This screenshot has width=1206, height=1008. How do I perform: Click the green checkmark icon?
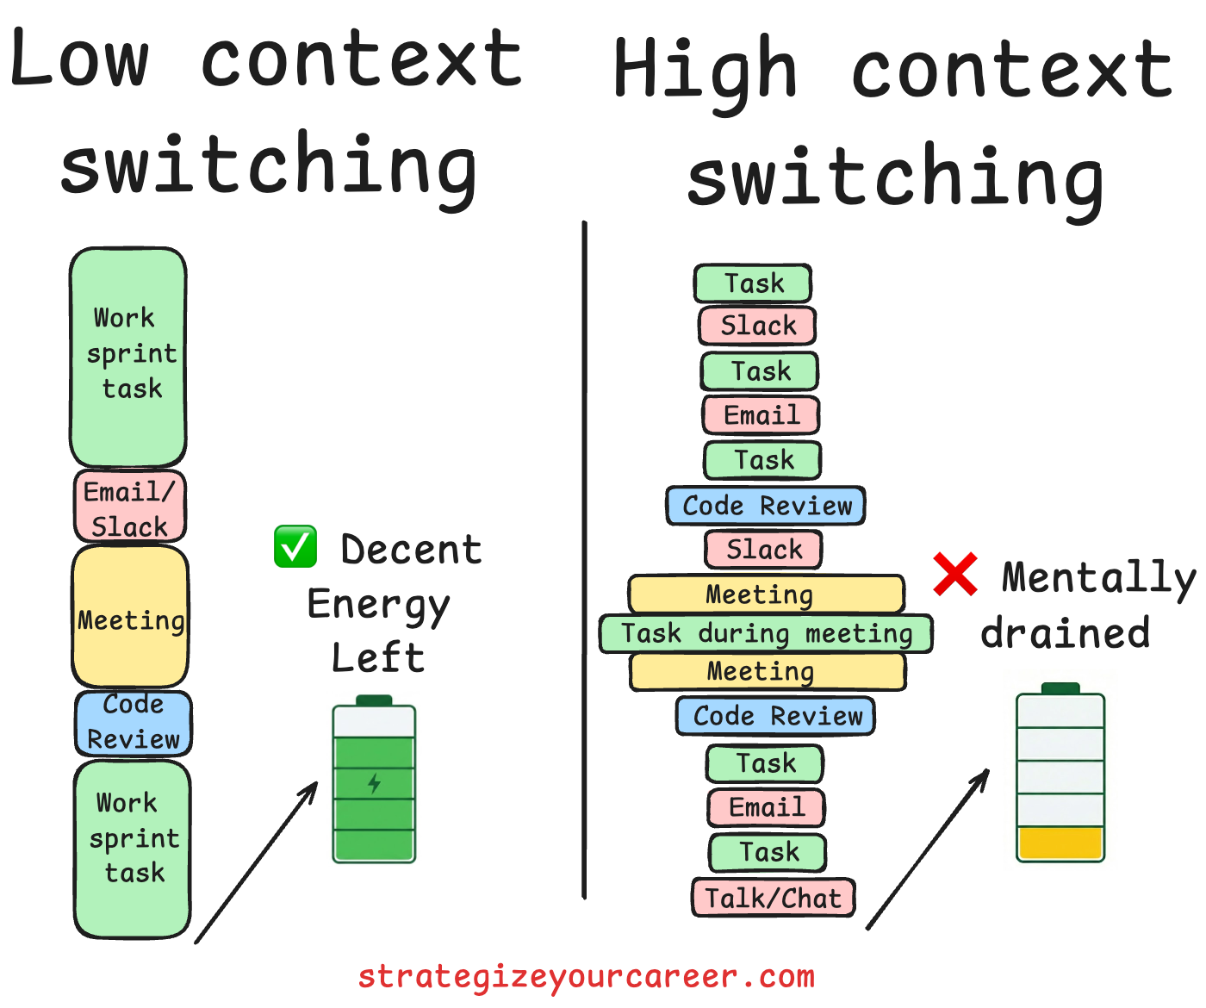pos(295,547)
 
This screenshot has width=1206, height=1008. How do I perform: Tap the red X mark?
pos(955,575)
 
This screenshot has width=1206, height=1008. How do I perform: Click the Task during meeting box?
pos(766,634)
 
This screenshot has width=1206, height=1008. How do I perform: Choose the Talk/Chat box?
pos(773,898)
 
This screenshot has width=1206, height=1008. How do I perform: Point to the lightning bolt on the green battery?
pos(374,783)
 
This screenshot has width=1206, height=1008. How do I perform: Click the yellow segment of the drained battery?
pos(1060,843)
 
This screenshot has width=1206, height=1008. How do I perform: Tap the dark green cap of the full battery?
pos(374,700)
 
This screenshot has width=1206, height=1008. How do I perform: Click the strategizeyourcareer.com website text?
pos(586,977)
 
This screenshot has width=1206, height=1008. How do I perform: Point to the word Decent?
pos(411,550)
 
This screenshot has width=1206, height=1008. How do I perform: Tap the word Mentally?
pos(1098,578)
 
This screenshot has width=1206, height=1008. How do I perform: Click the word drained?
pos(1065,633)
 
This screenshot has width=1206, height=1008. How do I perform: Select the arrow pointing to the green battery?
pos(257,862)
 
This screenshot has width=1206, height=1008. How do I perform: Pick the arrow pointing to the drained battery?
pos(928,849)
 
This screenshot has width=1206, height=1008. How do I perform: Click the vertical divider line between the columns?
pos(584,560)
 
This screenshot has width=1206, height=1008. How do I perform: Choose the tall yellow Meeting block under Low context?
pos(130,617)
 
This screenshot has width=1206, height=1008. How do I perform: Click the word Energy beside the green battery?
pos(378,605)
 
